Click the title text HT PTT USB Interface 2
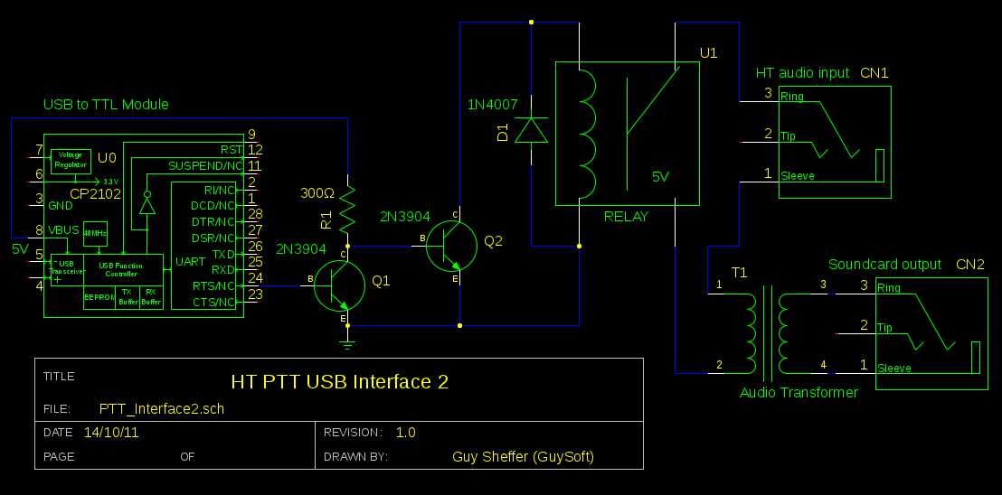coord(339,382)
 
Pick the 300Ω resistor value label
coord(317,193)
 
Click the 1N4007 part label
coord(492,105)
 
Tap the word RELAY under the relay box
coord(626,217)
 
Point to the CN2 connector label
coord(970,265)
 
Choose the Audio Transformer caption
coord(799,393)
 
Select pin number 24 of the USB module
coord(255,277)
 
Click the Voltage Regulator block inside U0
coord(71,161)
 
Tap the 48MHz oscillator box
coord(95,233)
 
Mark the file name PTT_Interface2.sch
coord(162,408)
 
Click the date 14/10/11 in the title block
coord(111,433)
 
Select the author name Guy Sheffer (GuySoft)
coord(523,457)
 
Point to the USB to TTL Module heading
coord(106,105)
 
